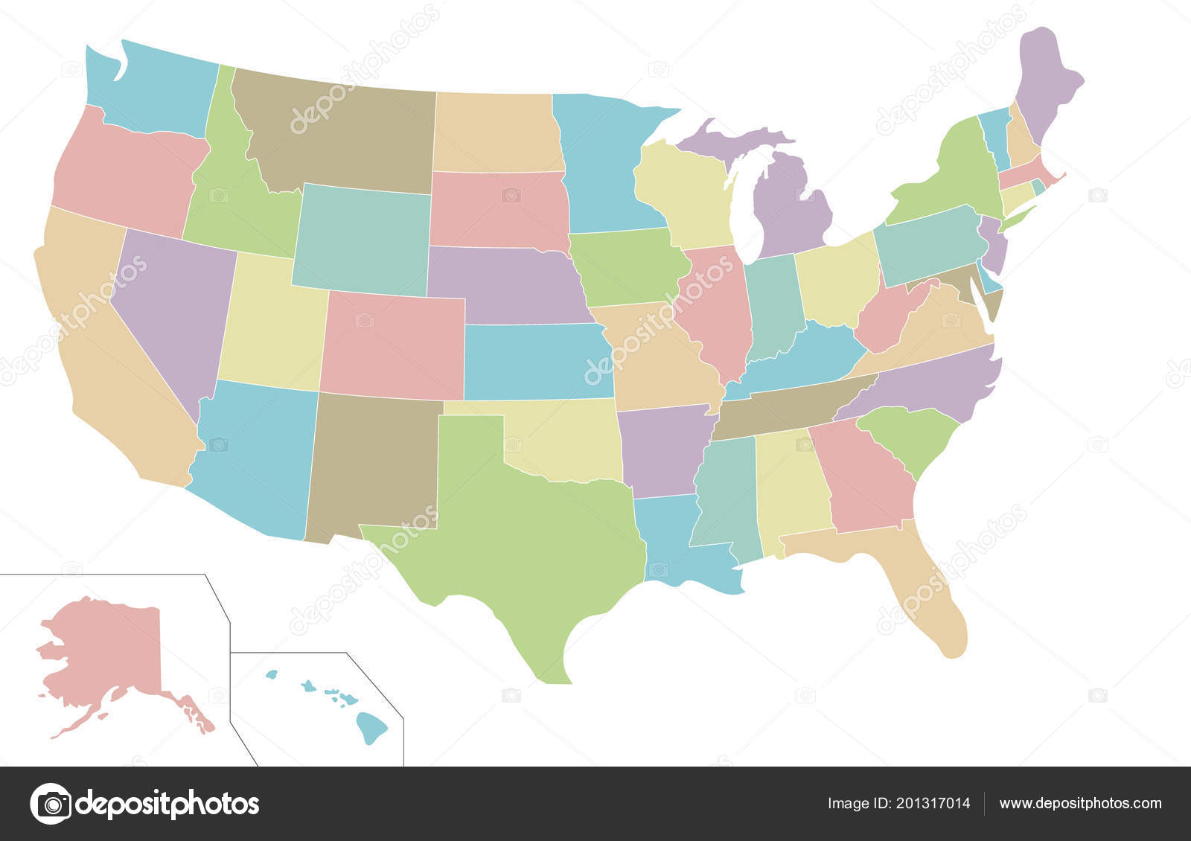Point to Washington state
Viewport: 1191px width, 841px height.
tap(156, 89)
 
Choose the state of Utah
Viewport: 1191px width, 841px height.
tap(268, 327)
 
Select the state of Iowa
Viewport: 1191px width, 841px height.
tap(625, 268)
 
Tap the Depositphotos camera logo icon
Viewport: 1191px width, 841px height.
tap(51, 804)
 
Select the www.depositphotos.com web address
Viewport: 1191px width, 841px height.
tap(1079, 804)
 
